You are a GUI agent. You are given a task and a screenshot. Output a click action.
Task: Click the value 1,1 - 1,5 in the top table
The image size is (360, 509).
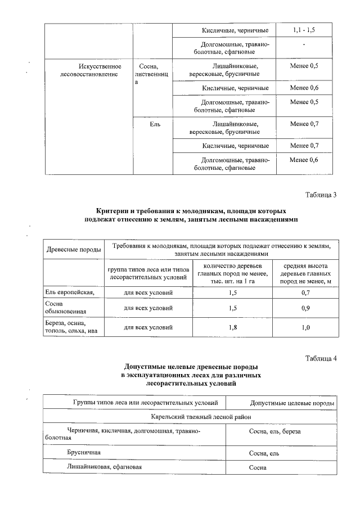304,29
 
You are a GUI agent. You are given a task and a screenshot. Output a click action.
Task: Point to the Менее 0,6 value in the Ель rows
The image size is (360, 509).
304,160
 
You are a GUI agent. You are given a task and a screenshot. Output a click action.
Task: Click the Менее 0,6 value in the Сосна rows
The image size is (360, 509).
304,88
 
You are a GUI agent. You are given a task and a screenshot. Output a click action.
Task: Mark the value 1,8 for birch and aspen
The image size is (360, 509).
232,327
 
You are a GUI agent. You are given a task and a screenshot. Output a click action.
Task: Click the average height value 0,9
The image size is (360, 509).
305,308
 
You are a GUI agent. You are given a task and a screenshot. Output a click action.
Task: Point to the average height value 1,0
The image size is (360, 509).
305,327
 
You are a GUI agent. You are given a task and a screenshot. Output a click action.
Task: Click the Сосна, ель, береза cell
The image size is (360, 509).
275,431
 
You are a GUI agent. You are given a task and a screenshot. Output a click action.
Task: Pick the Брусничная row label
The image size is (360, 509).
84,452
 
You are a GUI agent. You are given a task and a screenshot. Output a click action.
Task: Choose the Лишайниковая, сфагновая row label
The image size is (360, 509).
104,467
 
